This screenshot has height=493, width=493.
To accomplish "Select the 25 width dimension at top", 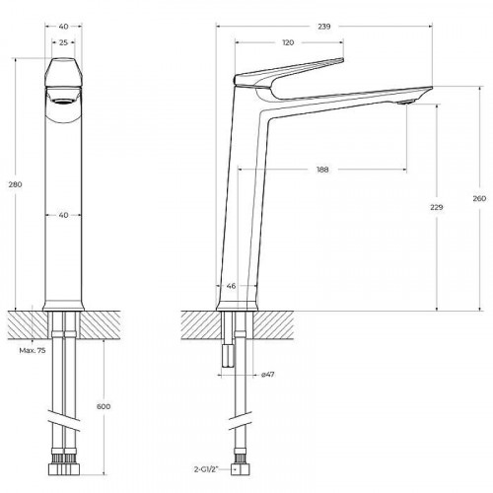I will coord(63,43).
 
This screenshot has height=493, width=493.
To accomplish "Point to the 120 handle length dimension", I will coord(289,43).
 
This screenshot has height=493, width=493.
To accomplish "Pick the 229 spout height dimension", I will coord(438,208).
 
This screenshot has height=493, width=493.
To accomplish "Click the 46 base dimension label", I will coord(232,288).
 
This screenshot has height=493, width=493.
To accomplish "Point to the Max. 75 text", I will coord(31,352).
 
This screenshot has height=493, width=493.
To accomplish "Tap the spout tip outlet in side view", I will coord(406,101).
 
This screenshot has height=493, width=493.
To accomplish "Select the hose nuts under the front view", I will coord(63,461).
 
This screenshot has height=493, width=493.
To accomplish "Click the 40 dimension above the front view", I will coord(63,26).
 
